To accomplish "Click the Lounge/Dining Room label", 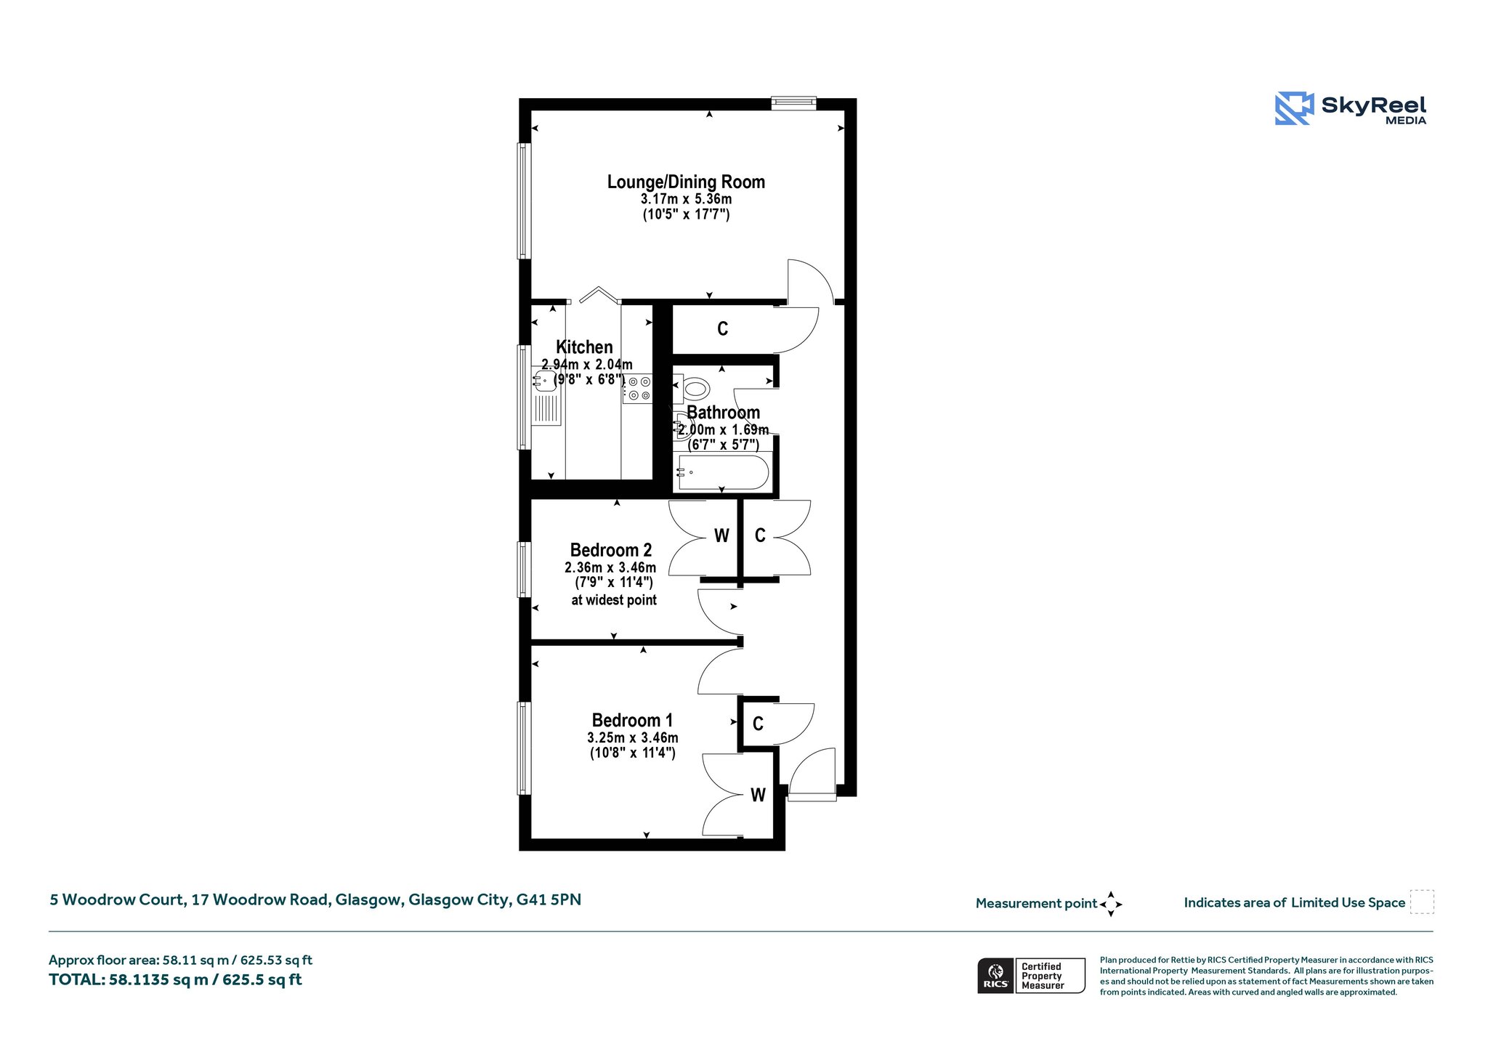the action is pos(686,182).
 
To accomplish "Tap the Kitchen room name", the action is pos(584,347).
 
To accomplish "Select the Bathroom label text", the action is pos(723,412).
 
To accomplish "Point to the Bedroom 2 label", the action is pos(611,550).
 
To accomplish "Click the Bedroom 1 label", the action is pos(632,720).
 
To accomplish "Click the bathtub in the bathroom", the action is pos(722,472).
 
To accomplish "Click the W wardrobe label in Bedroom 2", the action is pos(721,536).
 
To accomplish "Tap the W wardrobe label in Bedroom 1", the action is pos(758,795).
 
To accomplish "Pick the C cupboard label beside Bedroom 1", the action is pos(758,724).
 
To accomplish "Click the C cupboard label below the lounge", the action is pos(722,329).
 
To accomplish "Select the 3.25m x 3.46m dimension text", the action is pos(633,737).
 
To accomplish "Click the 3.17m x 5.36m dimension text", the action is pos(686,199).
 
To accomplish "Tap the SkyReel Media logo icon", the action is pos(1294,108).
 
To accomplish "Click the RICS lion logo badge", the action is pos(996,976).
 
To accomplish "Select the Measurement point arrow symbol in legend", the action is pos(1111,905).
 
